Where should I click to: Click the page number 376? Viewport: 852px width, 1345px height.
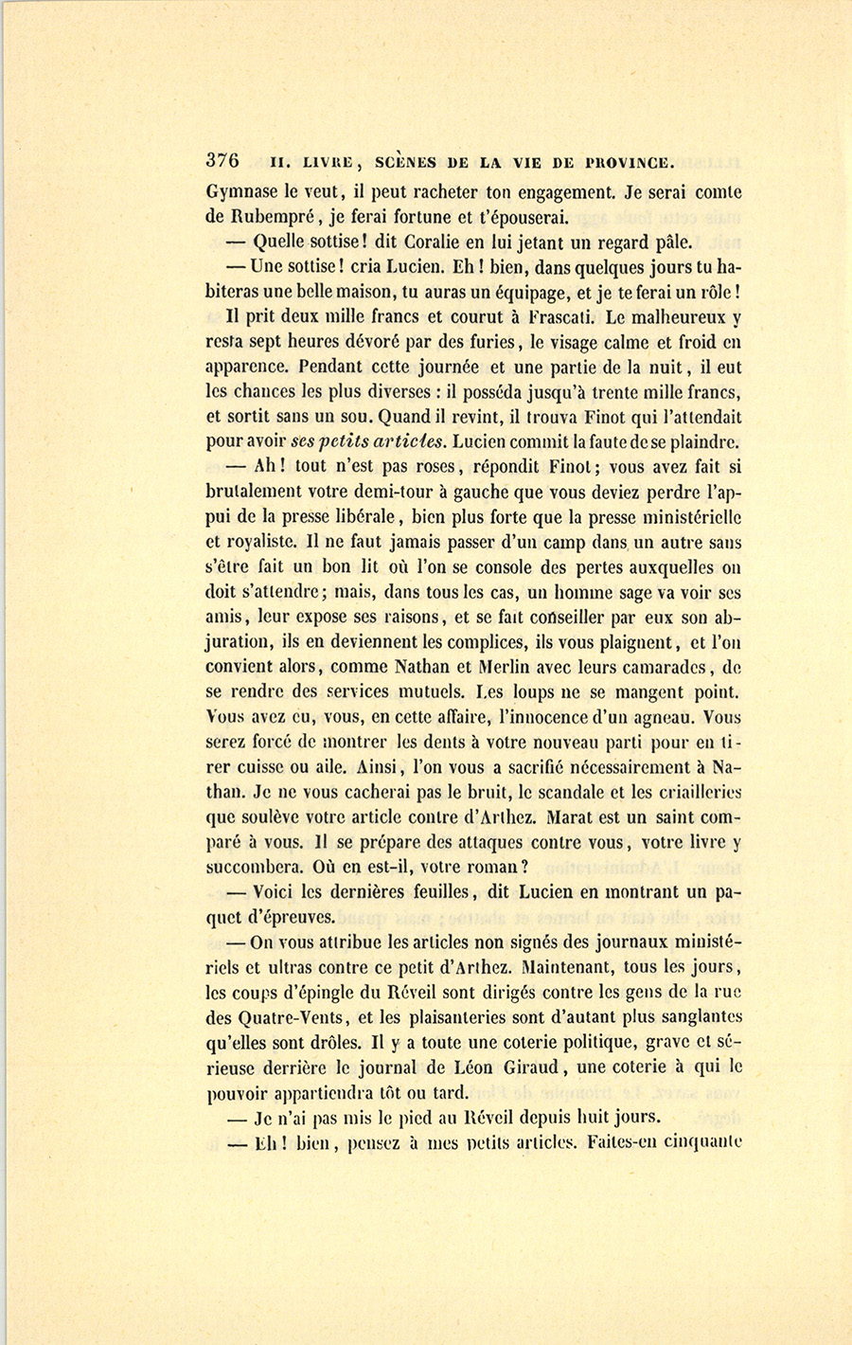pos(222,160)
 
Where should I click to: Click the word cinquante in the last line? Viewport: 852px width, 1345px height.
pos(697,1141)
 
